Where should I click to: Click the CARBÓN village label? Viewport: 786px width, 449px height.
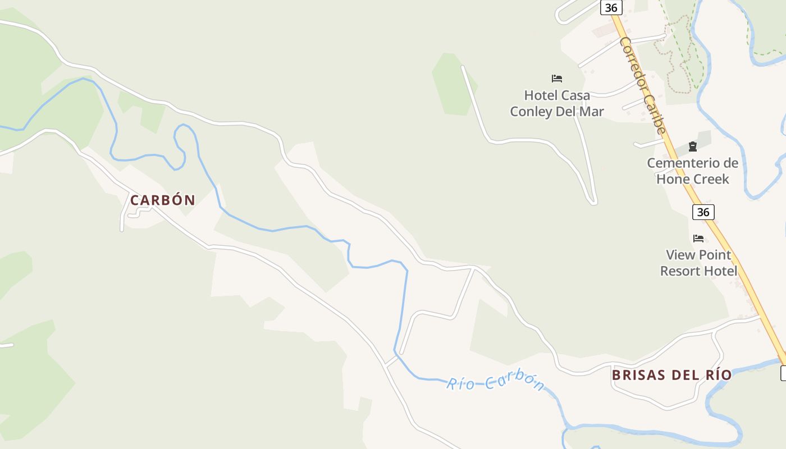point(163,200)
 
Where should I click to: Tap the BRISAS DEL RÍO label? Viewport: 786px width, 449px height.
point(671,375)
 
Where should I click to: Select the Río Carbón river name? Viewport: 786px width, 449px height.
point(495,383)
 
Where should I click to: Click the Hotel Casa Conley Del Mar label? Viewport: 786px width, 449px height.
point(557,103)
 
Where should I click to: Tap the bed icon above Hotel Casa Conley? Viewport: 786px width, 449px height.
point(557,78)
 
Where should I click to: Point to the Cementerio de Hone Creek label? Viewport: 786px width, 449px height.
point(693,171)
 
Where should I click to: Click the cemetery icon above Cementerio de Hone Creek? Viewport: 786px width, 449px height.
point(693,146)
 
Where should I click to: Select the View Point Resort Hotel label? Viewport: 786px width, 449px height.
point(698,263)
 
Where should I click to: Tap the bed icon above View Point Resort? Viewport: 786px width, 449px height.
point(698,239)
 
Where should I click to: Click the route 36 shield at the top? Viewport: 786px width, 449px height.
point(611,7)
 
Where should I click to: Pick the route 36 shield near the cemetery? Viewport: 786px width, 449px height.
point(703,212)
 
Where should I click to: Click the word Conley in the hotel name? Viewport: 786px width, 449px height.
point(531,112)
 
